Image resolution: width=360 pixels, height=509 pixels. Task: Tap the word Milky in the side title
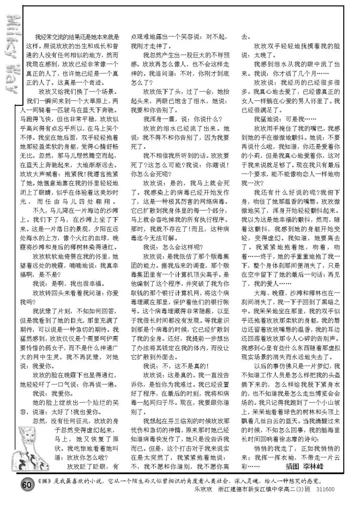(x=13, y=38)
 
